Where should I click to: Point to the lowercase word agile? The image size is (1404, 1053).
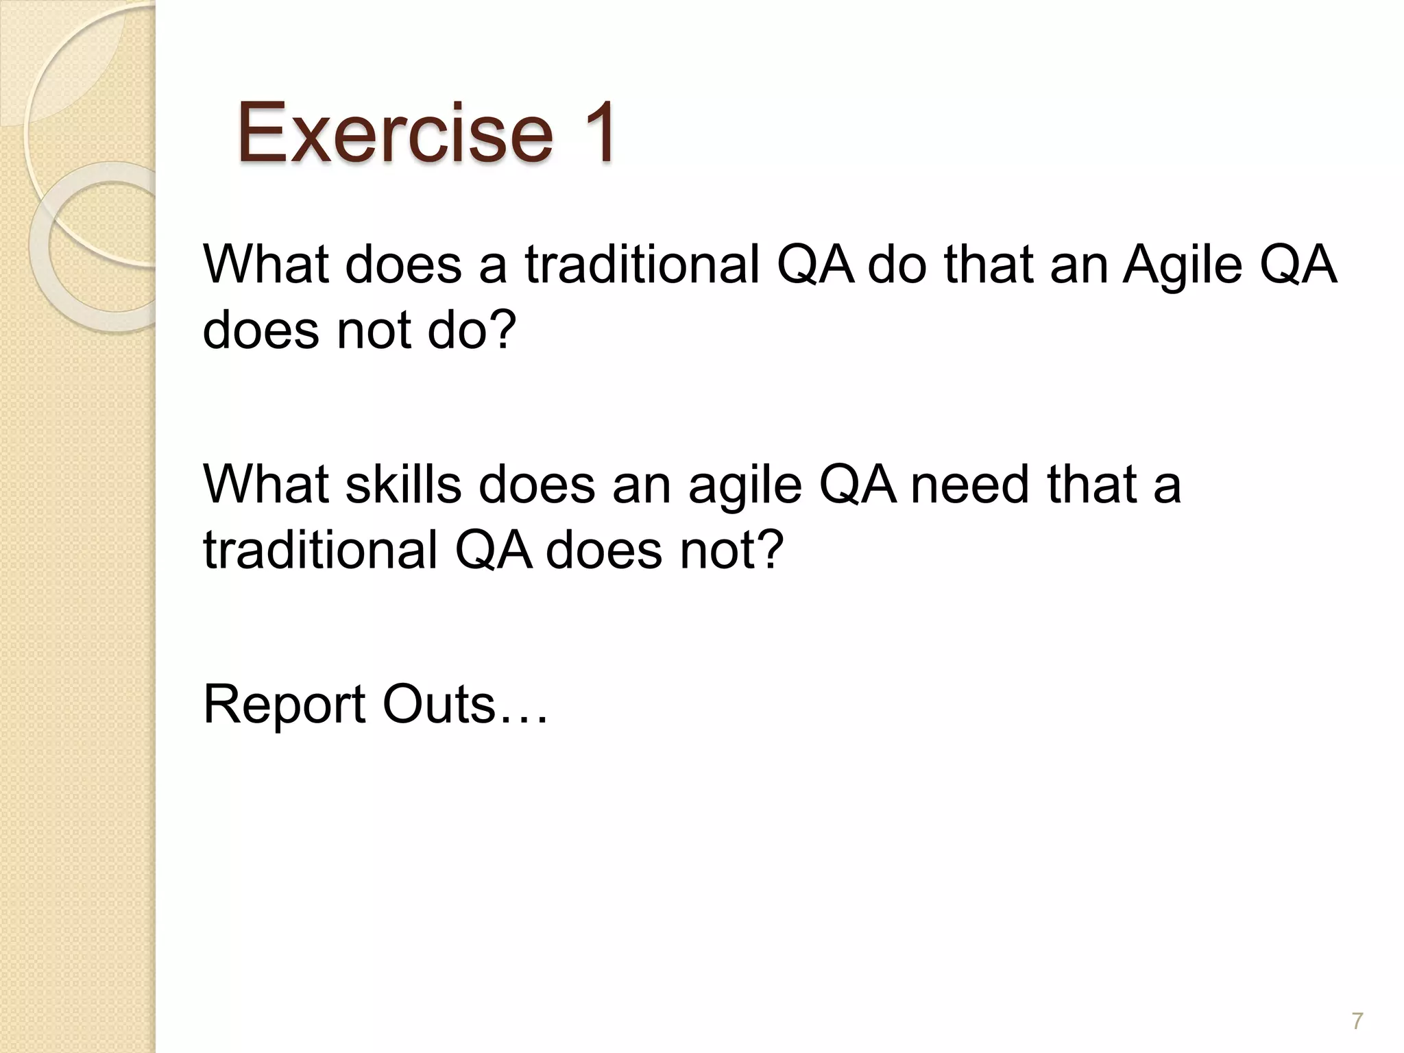[745, 485]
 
